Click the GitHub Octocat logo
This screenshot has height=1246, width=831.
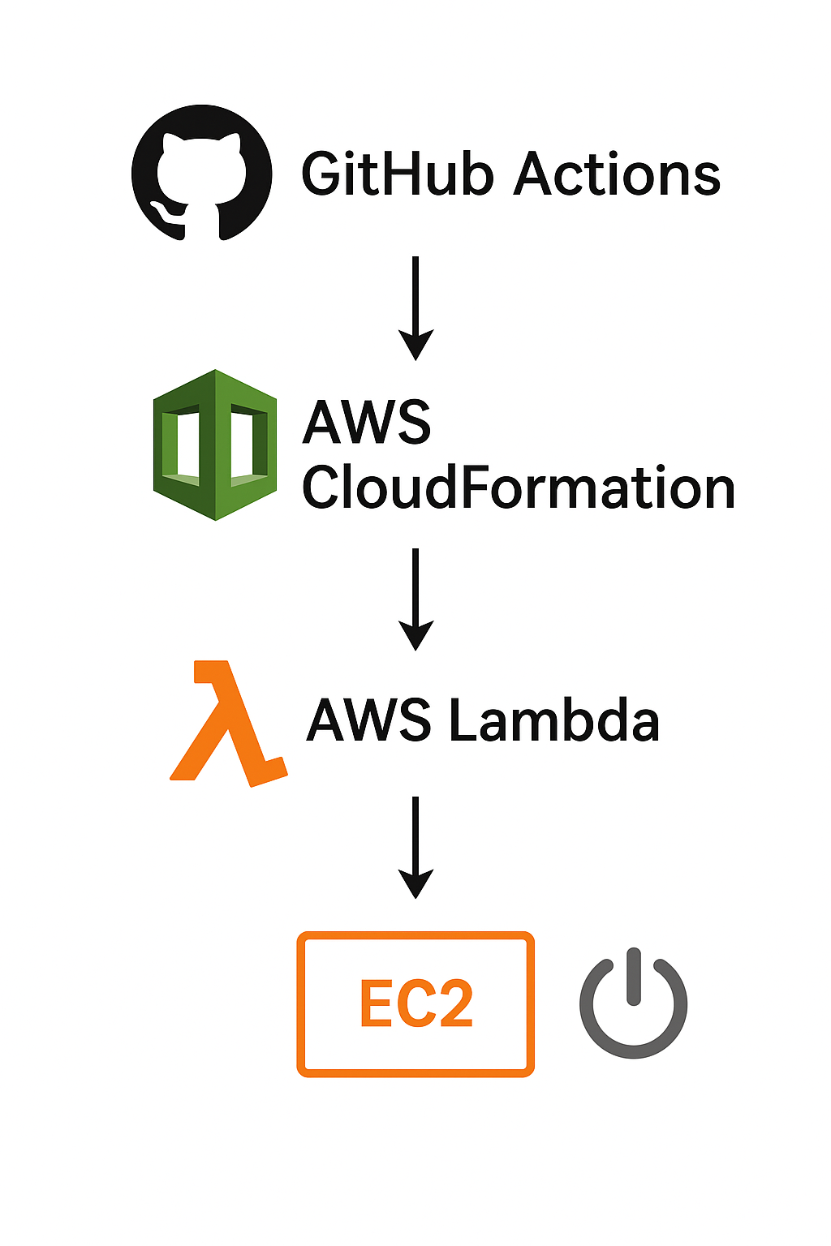(202, 173)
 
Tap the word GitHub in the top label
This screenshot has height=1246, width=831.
(397, 174)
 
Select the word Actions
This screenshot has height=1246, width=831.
(617, 174)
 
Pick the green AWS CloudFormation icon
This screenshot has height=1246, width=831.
(215, 445)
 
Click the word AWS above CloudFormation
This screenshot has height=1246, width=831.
(367, 422)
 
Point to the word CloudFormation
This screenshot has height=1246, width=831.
(518, 488)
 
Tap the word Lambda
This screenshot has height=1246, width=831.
(553, 720)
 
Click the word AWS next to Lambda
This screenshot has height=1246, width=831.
(369, 720)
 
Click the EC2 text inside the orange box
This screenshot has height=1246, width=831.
(415, 1004)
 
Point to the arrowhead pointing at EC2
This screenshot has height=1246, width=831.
(415, 884)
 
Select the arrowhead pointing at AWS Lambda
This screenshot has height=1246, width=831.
(415, 636)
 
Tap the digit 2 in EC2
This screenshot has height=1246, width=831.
(454, 1004)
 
